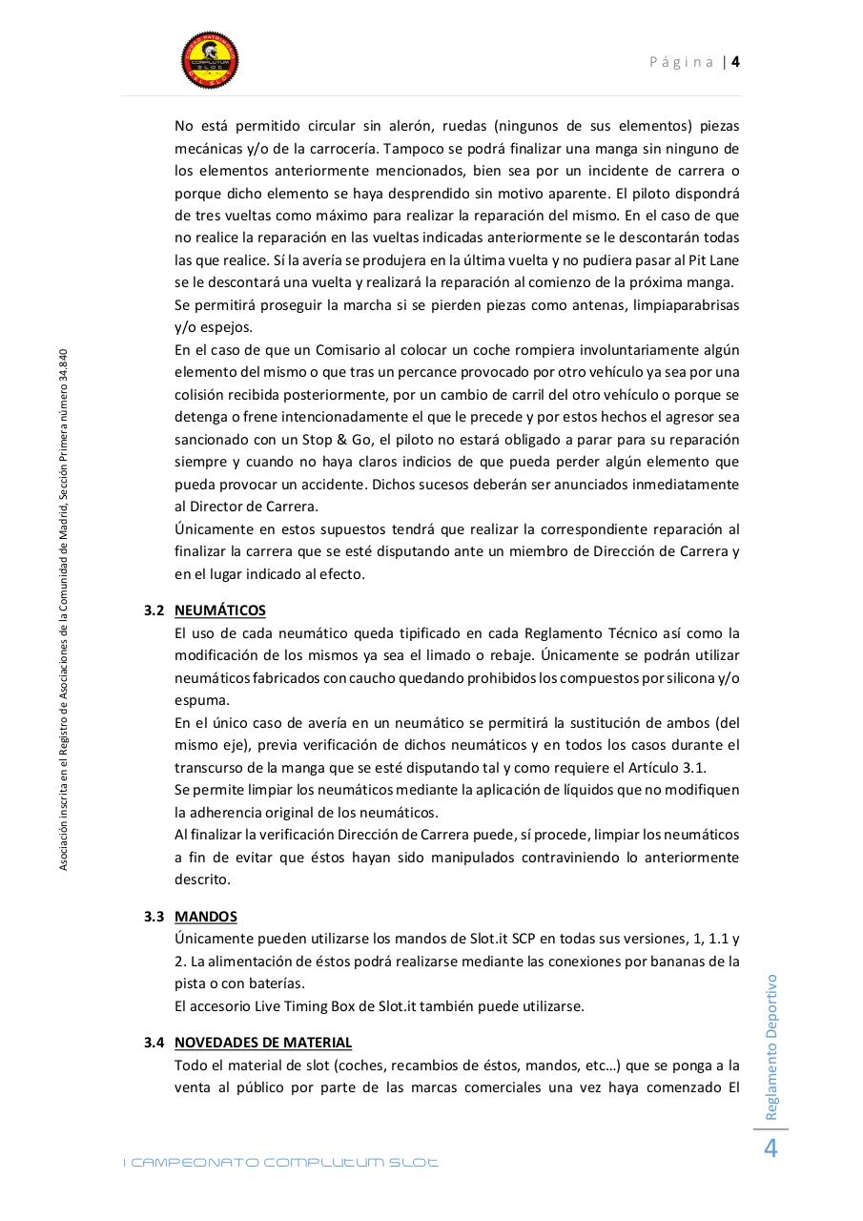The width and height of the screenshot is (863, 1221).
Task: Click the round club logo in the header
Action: pos(210,59)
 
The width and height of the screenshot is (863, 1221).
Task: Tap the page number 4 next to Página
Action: pos(736,62)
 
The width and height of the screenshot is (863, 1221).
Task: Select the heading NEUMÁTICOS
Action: pos(220,610)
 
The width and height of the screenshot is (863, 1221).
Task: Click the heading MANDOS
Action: pos(206,917)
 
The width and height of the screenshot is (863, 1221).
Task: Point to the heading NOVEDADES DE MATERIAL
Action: pos(263,1043)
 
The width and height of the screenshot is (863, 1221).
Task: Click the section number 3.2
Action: pos(154,610)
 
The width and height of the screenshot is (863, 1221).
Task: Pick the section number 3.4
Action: pos(154,1043)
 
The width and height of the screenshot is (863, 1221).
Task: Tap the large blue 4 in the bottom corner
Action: pos(771,1149)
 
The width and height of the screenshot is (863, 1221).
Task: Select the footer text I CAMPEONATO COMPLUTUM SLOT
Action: pos(281,1163)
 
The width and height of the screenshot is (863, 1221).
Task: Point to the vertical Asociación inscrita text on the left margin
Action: pos(63,610)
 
